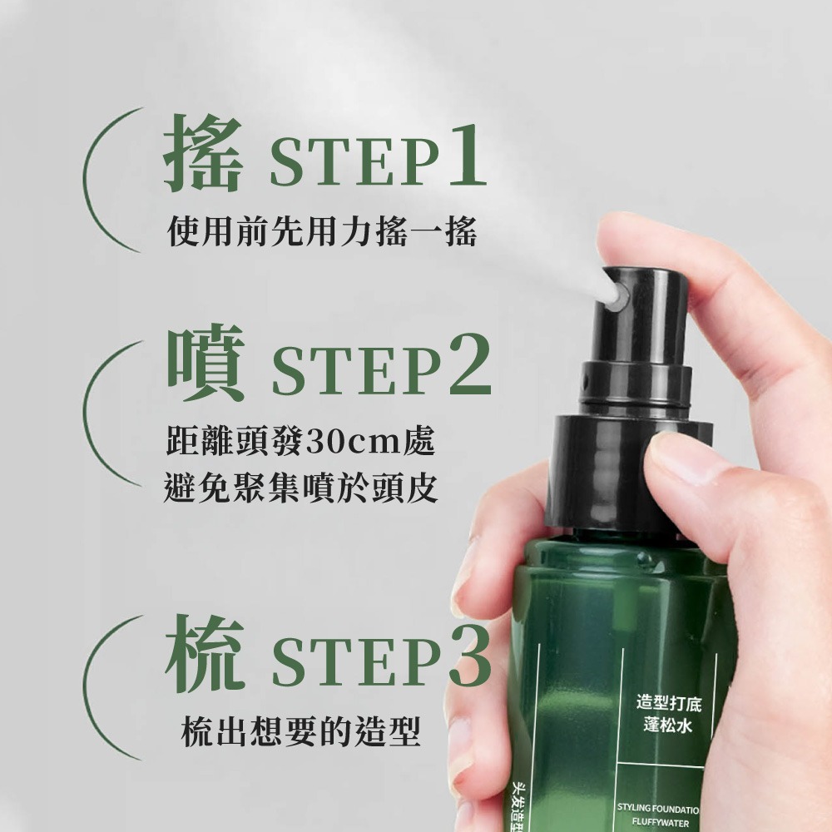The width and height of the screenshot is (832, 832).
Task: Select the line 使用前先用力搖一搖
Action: [322, 231]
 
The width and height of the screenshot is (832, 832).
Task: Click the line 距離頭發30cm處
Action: [300, 439]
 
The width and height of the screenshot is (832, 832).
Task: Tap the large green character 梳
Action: [204, 658]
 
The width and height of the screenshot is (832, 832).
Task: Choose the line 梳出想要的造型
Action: [300, 731]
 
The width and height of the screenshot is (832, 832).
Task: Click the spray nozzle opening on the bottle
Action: [617, 293]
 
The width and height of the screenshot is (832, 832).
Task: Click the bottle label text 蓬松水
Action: [667, 726]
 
